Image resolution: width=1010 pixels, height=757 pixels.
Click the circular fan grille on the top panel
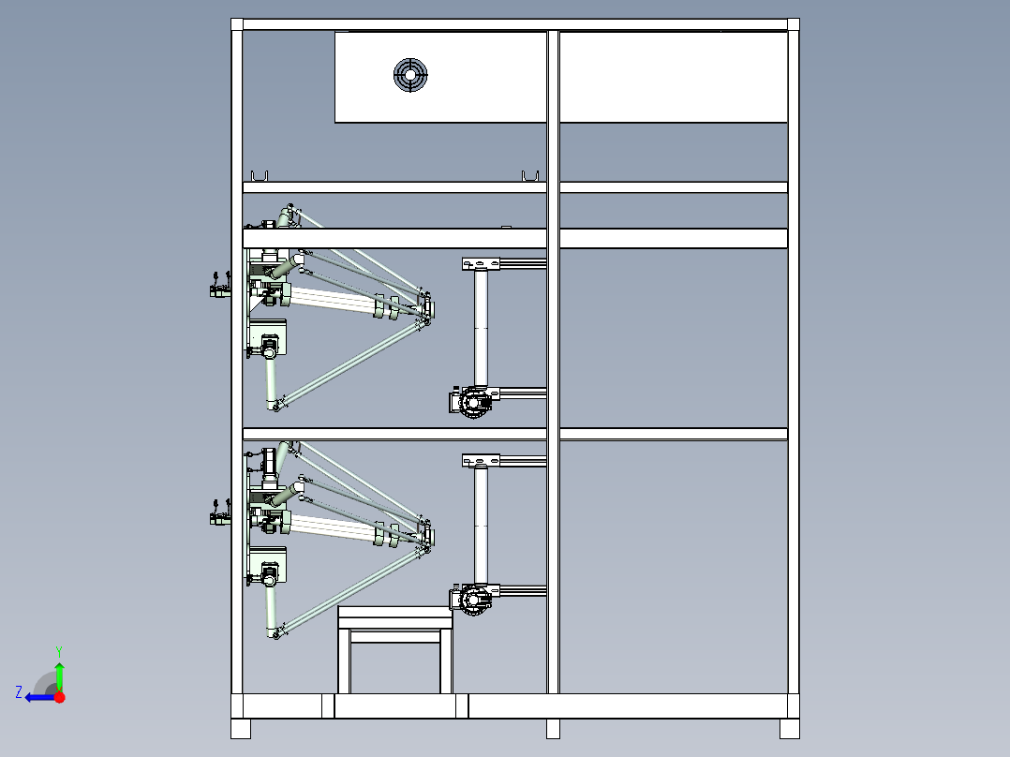pos(410,75)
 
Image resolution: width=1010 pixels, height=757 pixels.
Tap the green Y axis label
pos(59,651)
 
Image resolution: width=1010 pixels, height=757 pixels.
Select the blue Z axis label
pos(19,692)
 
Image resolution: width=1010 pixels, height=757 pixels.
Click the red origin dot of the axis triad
pos(59,697)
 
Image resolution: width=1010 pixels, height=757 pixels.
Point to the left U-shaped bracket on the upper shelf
pos(260,176)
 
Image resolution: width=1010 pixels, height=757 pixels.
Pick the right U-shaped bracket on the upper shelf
pos(530,176)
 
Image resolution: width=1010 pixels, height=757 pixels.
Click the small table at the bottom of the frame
pos(395,650)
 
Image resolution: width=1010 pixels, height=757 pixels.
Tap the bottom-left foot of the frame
pos(241,729)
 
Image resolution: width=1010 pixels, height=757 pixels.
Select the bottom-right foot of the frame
pos(790,729)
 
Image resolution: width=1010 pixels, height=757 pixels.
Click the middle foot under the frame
pos(553,729)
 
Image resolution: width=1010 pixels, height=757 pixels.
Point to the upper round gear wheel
pos(474,403)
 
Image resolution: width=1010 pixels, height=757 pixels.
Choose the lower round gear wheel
pos(474,600)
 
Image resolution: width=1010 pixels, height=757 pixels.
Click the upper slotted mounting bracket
pos(481,263)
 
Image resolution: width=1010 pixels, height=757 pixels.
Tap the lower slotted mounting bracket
pos(481,460)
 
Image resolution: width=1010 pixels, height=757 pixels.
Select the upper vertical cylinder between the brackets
pos(482,329)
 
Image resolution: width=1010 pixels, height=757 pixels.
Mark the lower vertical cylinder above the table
pos(482,526)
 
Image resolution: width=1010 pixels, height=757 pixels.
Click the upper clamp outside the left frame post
pos(220,286)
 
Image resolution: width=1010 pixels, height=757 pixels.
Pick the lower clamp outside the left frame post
pos(220,512)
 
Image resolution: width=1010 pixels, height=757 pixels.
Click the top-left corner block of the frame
pos(237,24)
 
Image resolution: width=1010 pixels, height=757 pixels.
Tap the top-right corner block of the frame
pos(794,24)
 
